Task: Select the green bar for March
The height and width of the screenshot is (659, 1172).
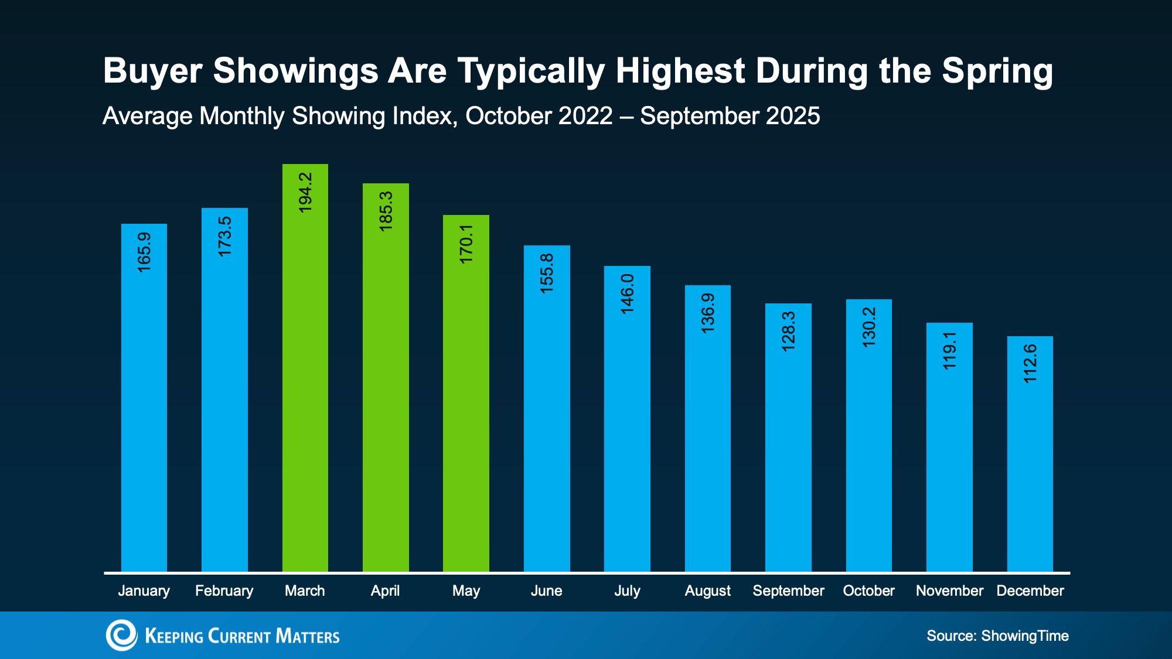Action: click(x=305, y=368)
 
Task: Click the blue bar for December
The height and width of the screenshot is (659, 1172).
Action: click(x=1030, y=454)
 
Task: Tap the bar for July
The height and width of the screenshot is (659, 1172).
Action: click(x=627, y=419)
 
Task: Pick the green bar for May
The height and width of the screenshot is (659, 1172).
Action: click(x=466, y=393)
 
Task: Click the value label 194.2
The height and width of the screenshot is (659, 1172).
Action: click(x=305, y=192)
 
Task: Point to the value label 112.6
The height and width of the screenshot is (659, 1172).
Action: click(x=1030, y=364)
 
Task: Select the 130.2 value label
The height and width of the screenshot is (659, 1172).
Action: click(x=869, y=327)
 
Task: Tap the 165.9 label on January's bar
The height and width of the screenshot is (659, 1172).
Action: click(x=144, y=252)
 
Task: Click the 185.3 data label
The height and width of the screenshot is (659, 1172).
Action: click(x=386, y=211)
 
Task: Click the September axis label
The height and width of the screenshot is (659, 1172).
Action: click(x=788, y=591)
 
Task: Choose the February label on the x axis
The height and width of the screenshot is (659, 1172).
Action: click(x=224, y=591)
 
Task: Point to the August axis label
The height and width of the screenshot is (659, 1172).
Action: click(x=708, y=591)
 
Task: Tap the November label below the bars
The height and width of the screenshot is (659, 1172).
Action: click(x=949, y=591)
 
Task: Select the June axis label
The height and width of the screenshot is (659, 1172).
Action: click(x=546, y=591)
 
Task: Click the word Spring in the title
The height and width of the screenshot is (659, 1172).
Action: click(x=997, y=72)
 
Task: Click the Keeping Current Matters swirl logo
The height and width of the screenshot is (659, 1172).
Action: click(x=121, y=636)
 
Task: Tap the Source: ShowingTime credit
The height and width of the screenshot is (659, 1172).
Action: click(x=997, y=636)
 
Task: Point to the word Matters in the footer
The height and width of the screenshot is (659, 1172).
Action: click(x=308, y=636)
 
